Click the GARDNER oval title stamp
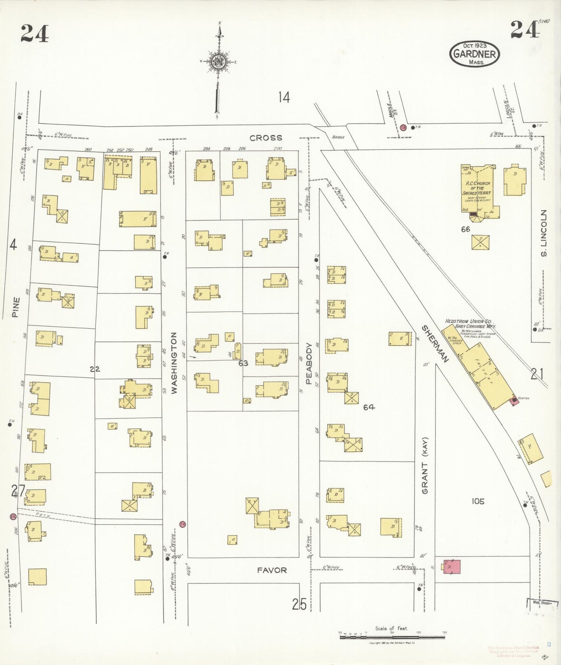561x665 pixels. tap(474, 54)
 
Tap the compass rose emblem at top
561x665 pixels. tap(218, 61)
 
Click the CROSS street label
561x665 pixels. tap(266, 138)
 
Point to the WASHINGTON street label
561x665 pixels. tap(174, 363)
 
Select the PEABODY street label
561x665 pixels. tap(309, 364)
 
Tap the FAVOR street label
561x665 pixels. tap(272, 570)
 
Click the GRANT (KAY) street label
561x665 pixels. tap(425, 466)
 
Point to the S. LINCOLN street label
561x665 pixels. tap(544, 233)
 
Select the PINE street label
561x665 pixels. tap(16, 307)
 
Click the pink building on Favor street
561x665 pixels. tap(452, 566)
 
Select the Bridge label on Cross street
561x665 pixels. tap(338, 137)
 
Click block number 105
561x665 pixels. tap(478, 501)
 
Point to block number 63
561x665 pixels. tap(243, 363)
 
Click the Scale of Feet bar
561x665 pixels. tap(392, 637)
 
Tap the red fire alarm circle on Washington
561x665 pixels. tap(182, 524)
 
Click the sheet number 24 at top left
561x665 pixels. tap(35, 33)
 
